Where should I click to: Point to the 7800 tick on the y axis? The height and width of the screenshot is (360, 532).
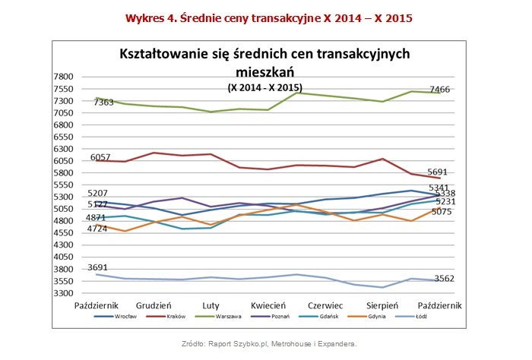pyautogui.click(x=62, y=77)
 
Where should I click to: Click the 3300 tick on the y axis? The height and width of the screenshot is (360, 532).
pyautogui.click(x=62, y=293)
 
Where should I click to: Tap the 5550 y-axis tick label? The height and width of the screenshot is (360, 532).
pyautogui.click(x=62, y=185)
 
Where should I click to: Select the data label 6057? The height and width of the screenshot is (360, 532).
pyautogui.click(x=101, y=156)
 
